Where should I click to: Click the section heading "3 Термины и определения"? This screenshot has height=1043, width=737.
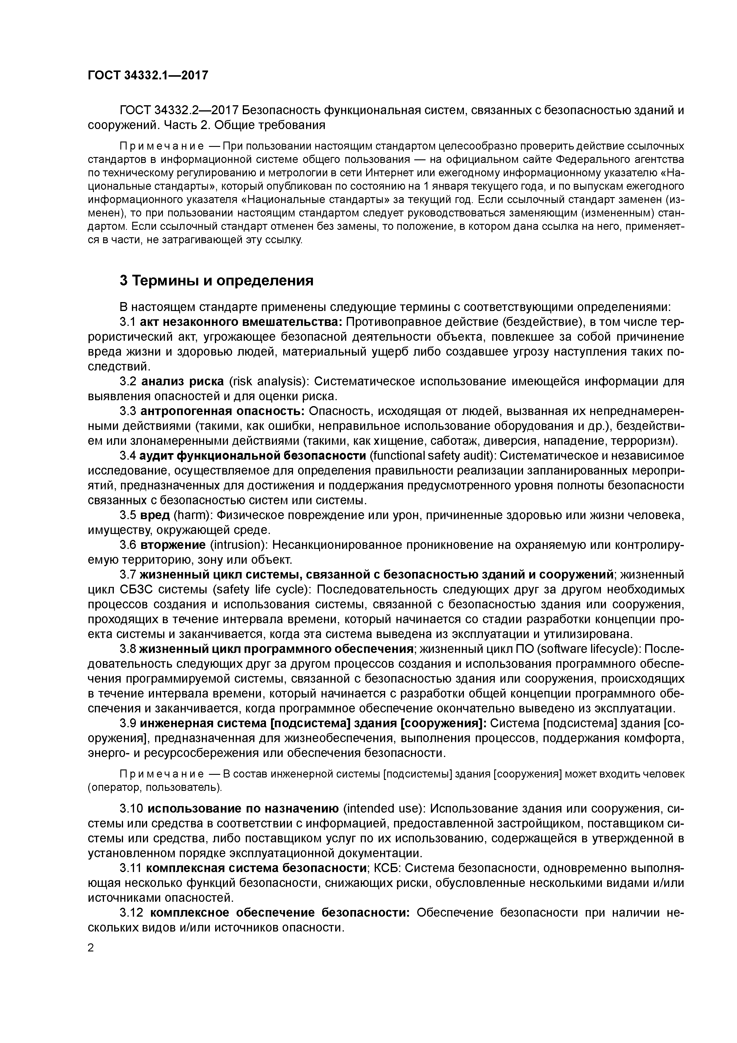217,281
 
